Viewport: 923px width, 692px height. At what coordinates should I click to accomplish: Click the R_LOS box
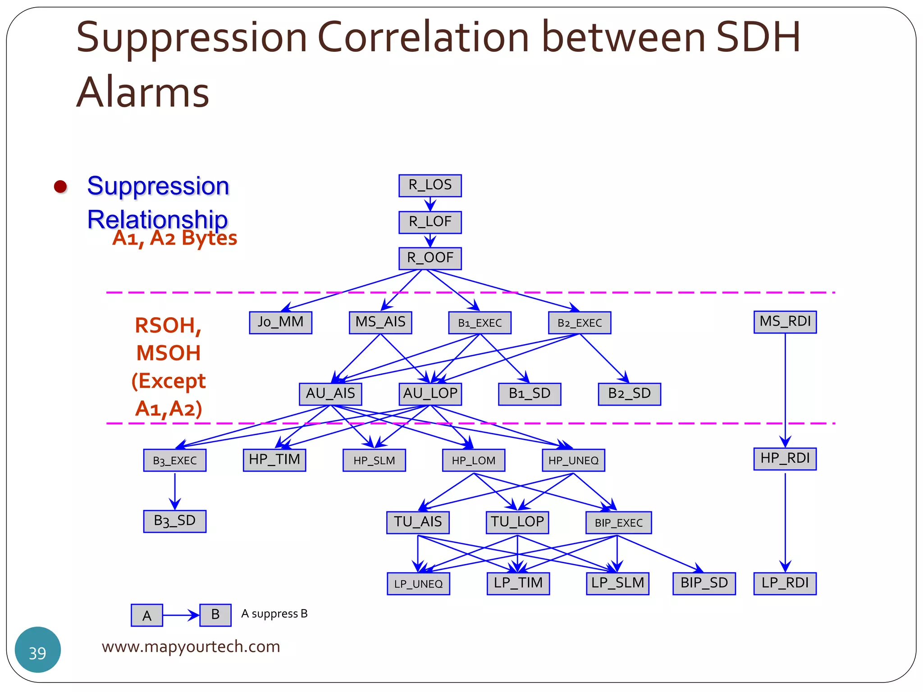click(x=430, y=186)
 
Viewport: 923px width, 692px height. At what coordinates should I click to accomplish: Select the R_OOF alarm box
click(x=430, y=258)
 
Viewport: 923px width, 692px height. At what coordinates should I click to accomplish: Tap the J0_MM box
click(x=280, y=323)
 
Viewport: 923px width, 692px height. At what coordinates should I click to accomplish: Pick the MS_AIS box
click(x=380, y=323)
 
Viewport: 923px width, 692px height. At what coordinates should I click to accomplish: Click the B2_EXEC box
click(x=580, y=323)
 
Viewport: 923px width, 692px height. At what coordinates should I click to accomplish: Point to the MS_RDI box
click(x=785, y=322)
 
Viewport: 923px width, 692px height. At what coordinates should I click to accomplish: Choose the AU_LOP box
click(x=430, y=394)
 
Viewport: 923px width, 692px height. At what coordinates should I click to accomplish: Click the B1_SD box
click(x=530, y=394)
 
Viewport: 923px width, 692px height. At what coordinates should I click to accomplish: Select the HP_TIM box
click(x=274, y=460)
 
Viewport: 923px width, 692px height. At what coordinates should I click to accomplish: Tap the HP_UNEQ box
click(x=573, y=460)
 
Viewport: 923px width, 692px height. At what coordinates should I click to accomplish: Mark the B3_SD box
click(x=175, y=521)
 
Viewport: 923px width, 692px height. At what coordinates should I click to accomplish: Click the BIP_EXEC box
click(x=618, y=523)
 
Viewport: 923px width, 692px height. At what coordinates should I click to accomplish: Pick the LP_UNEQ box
click(x=418, y=584)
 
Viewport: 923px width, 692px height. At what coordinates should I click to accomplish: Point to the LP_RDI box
click(x=785, y=583)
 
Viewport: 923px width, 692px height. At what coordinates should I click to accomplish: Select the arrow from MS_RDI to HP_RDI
click(x=785, y=387)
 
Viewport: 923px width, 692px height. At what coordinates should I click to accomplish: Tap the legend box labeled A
click(x=147, y=615)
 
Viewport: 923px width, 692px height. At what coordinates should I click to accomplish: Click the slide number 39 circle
click(x=38, y=650)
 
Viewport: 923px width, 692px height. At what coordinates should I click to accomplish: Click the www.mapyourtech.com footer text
click(x=191, y=646)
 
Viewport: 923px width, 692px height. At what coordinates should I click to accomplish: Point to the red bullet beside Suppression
click(x=60, y=187)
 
